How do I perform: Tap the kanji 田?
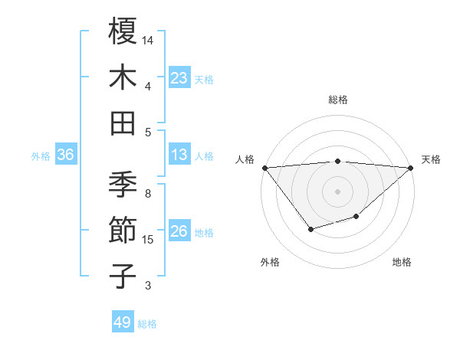point(123,123)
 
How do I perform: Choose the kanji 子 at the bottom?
point(123,276)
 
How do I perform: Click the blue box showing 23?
point(179,78)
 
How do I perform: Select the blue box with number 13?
point(179,155)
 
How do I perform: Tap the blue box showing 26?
point(179,231)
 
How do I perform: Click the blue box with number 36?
point(66,155)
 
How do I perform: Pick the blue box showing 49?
point(123,322)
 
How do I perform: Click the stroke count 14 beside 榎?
point(148,39)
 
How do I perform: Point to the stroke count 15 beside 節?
point(148,240)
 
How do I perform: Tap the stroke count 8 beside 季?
point(148,194)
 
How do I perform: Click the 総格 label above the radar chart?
point(338,100)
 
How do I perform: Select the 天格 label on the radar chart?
point(432,159)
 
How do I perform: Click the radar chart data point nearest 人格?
point(264,168)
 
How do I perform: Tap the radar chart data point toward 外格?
point(310,229)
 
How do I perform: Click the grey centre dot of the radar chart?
point(338,191)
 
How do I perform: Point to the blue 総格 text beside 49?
point(147,324)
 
